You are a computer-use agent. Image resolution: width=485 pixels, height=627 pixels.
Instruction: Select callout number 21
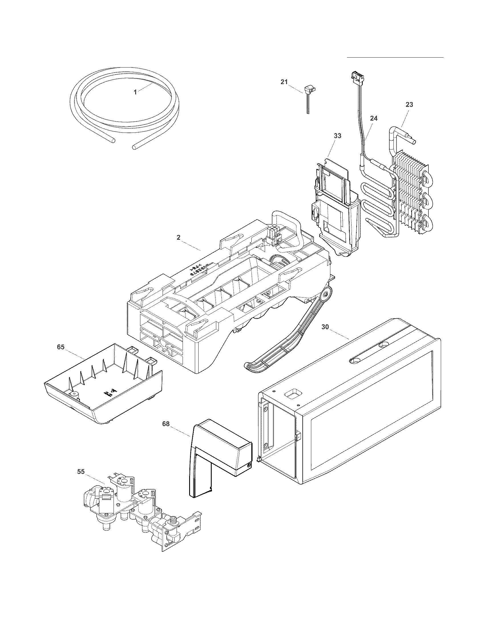(x=284, y=82)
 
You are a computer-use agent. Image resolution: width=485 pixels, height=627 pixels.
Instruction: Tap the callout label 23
(x=409, y=105)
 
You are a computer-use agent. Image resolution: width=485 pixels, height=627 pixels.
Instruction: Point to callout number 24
(x=373, y=118)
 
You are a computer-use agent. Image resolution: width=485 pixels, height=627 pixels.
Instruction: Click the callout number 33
(x=337, y=136)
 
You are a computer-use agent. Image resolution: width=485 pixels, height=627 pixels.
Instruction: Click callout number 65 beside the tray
(x=60, y=347)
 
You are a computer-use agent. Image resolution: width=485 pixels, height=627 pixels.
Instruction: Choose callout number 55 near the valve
(x=81, y=472)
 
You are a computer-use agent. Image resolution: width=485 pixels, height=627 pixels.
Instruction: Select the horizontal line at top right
(x=395, y=57)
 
